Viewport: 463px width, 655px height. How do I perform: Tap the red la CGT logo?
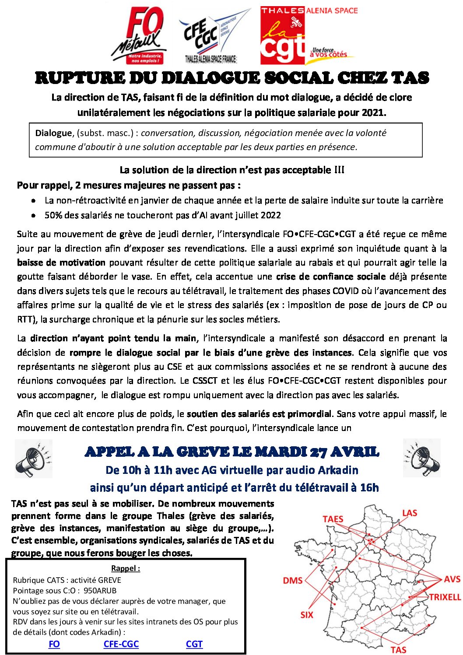(x=282, y=36)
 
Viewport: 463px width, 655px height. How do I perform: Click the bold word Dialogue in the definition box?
(x=53, y=133)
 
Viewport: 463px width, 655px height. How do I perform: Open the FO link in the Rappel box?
(x=54, y=644)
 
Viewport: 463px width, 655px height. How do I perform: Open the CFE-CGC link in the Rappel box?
(x=121, y=644)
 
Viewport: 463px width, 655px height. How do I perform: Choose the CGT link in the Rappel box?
(x=194, y=644)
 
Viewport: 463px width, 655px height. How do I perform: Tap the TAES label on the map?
(x=333, y=519)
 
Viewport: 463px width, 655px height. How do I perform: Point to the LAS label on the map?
(x=410, y=513)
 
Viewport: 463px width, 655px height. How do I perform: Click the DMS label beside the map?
(x=293, y=581)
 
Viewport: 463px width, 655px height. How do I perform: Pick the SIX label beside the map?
(x=307, y=615)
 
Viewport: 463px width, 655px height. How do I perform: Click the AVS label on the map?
(x=452, y=579)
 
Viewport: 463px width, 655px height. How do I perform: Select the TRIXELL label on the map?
(x=445, y=597)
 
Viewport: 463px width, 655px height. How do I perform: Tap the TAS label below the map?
(x=398, y=650)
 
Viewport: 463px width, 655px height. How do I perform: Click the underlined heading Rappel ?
(x=126, y=568)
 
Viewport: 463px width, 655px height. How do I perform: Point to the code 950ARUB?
(x=100, y=590)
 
